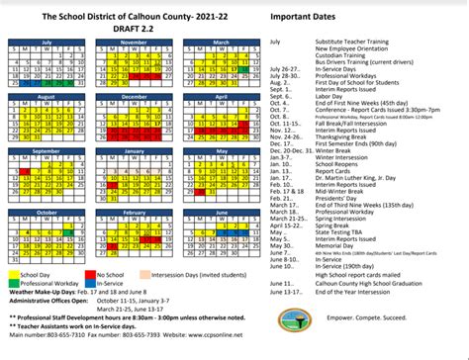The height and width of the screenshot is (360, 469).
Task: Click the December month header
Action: pos(133,96)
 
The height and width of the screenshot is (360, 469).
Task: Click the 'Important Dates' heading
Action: pos(328,17)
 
